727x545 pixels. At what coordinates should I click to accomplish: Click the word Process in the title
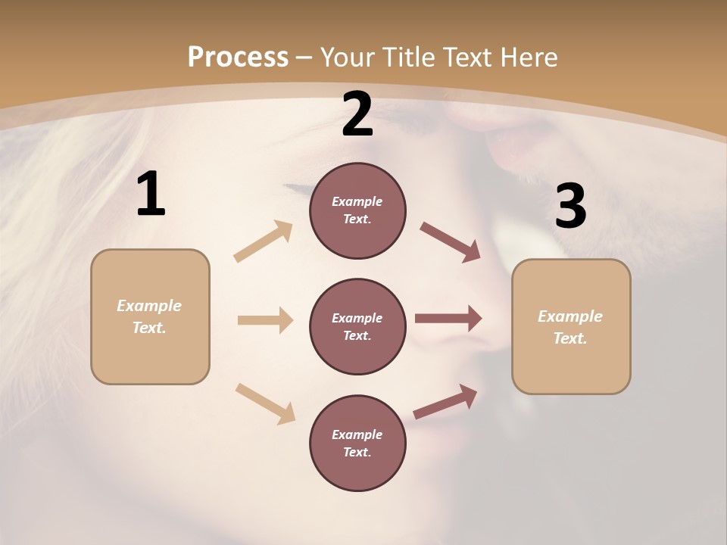(238, 58)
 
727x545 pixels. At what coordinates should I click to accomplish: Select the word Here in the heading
(529, 58)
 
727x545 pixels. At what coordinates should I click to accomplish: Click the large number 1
(151, 195)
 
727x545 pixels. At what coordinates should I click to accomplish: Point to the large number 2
(357, 114)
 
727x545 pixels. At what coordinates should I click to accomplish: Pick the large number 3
(570, 207)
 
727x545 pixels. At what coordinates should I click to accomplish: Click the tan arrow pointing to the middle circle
(265, 320)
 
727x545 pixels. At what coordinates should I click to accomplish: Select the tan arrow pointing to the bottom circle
(265, 403)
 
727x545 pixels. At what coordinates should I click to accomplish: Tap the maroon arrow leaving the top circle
(451, 241)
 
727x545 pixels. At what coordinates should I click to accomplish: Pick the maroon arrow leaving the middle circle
(448, 319)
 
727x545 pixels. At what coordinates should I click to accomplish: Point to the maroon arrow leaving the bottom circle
(445, 401)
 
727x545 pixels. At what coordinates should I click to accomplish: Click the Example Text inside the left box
(149, 316)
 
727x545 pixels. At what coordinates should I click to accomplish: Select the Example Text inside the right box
(570, 327)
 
